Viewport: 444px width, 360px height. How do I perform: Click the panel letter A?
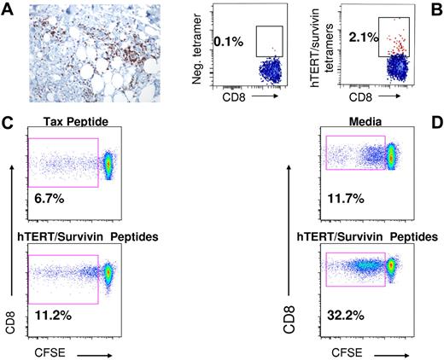[7, 9]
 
